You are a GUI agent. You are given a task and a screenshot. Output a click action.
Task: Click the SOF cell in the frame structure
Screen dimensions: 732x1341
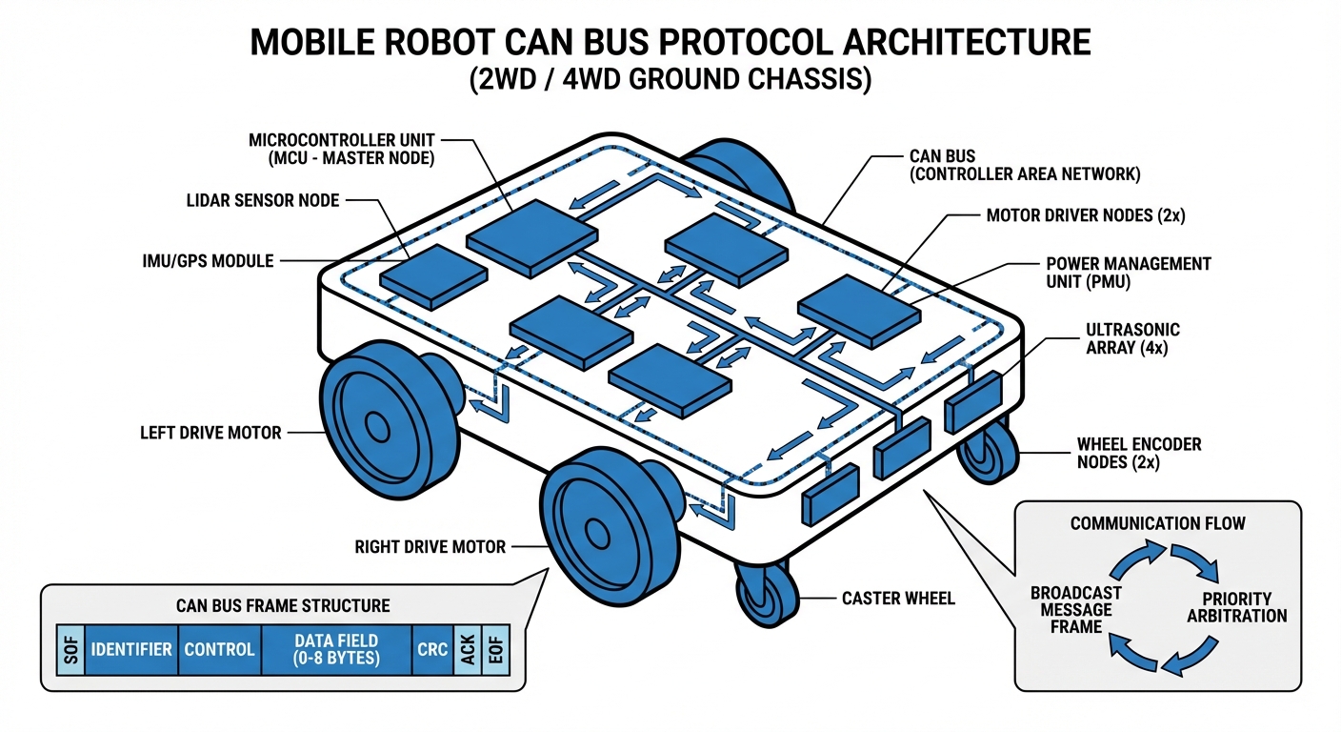68,650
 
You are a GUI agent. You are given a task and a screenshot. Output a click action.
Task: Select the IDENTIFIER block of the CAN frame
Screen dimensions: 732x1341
131,650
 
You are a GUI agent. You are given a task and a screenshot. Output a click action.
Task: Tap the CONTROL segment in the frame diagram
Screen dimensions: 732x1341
219,650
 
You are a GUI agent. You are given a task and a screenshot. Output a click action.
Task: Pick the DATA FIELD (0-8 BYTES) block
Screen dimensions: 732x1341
336,650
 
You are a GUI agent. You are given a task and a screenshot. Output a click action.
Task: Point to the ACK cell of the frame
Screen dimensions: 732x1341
468,650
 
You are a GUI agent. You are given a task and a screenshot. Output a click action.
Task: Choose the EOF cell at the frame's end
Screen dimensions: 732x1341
495,650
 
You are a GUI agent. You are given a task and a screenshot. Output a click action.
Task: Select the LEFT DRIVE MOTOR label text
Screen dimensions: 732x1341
210,433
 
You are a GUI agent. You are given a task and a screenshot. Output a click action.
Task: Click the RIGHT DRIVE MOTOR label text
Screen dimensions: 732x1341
430,547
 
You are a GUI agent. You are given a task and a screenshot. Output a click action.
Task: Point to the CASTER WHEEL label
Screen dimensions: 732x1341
898,599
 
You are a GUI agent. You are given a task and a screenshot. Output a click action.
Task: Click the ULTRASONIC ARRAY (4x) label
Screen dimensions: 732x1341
1132,339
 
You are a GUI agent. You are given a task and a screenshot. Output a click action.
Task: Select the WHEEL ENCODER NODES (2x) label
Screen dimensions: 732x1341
1138,453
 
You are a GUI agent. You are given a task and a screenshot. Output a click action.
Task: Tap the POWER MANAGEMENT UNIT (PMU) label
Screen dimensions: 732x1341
1129,273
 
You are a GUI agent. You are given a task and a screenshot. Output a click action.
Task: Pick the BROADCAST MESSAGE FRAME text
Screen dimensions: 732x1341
1075,609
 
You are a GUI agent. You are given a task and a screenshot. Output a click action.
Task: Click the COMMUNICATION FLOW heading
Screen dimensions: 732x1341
1157,523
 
